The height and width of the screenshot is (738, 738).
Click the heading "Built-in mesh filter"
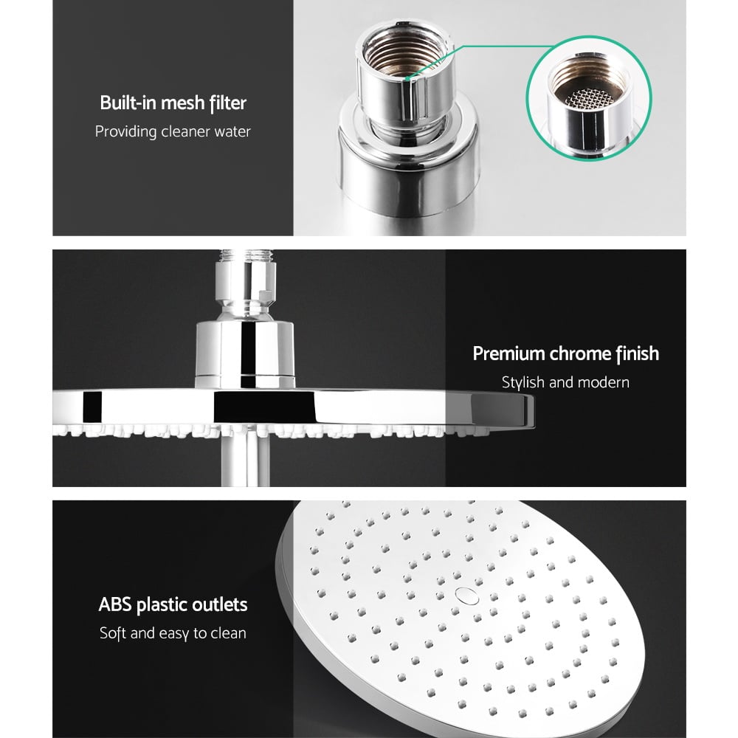pos(173,103)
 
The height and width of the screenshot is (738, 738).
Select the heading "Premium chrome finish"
pos(565,354)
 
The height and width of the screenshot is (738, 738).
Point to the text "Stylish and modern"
pos(565,382)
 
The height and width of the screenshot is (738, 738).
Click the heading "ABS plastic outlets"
pos(173,605)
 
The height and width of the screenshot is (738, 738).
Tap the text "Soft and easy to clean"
pos(173,633)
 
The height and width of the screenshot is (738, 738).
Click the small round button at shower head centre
pos(463,593)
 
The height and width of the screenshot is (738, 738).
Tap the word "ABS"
pos(115,605)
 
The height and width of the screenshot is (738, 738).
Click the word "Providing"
pos(126,132)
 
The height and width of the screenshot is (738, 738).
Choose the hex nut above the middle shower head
pos(245,285)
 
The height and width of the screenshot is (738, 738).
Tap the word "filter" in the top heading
pos(227,103)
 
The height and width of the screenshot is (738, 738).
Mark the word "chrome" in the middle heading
pos(580,354)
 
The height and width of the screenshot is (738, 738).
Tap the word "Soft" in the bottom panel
pos(114,633)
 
